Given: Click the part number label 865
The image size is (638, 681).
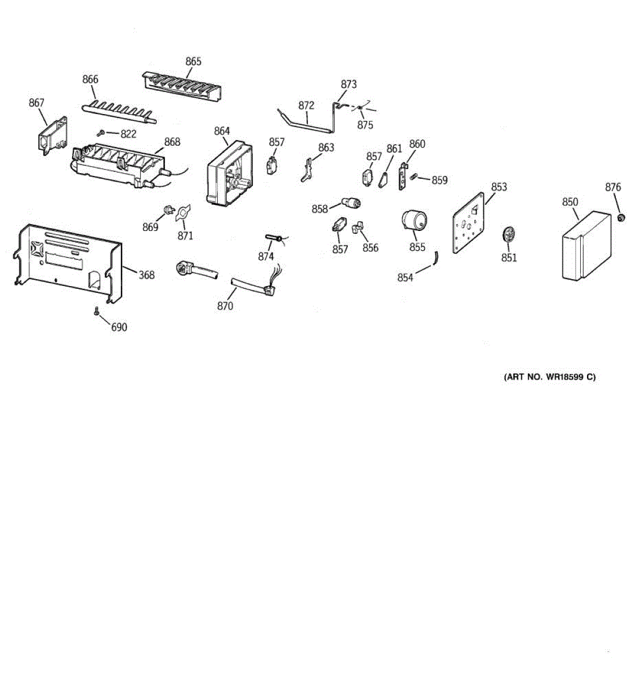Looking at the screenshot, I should [193, 61].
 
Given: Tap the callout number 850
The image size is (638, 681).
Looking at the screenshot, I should [570, 202].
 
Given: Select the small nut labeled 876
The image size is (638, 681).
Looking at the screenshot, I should [621, 217].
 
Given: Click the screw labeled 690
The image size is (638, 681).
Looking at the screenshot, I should [96, 311].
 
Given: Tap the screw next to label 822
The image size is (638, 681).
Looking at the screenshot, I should [100, 133].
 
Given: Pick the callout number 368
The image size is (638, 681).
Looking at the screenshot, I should [146, 275].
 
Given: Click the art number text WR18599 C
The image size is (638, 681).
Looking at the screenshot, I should [550, 377].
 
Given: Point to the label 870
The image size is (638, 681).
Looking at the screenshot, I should [225, 306].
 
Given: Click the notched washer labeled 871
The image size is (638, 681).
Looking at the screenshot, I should [183, 213].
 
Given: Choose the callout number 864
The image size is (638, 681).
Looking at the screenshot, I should [222, 131].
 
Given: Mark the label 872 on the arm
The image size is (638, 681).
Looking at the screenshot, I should [306, 106].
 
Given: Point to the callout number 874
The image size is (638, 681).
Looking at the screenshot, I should [266, 256].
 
